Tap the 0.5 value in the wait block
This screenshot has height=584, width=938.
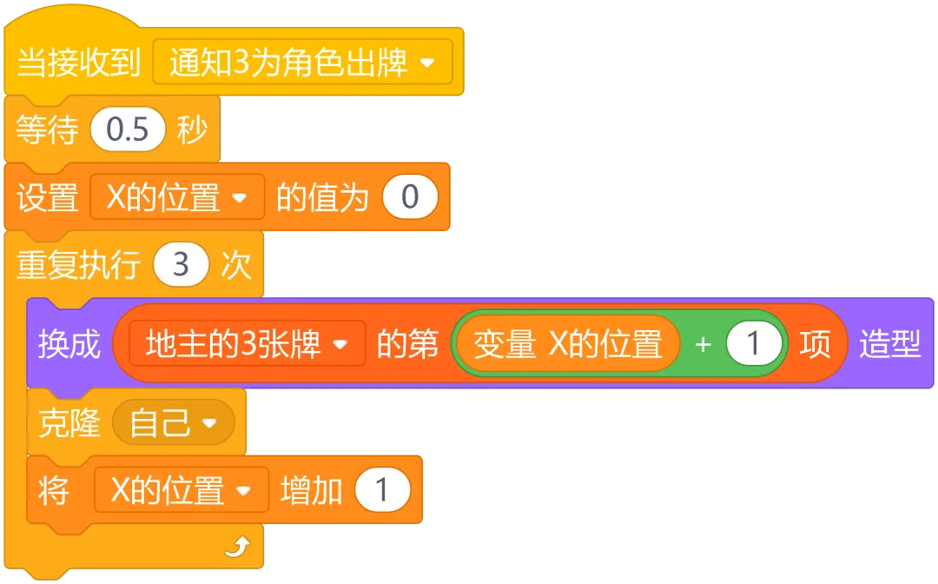pos(128,130)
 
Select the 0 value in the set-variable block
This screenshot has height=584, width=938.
pos(410,197)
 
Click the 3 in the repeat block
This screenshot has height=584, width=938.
pos(181,264)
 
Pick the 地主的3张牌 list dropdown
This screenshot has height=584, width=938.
pos(247,344)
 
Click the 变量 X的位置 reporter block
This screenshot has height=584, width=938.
pos(567,344)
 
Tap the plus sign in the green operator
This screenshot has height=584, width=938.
pos(703,344)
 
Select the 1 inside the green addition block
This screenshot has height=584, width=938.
pos(753,344)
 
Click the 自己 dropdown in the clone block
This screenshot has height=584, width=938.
pos(173,423)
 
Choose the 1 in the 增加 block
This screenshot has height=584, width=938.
pos(382,490)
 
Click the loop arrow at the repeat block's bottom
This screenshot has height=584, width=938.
pos(236,546)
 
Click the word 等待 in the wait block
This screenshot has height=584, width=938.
pos(47,130)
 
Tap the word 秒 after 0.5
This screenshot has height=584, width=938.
pos(192,130)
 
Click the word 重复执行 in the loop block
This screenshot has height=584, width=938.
pos(78,264)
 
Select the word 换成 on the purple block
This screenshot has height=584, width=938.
pos(69,344)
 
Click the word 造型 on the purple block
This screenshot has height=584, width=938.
pos(889,344)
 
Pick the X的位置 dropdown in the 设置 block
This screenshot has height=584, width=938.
pos(176,197)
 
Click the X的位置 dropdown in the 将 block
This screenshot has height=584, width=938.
pos(181,490)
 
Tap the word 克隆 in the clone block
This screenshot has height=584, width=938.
pos(69,423)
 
